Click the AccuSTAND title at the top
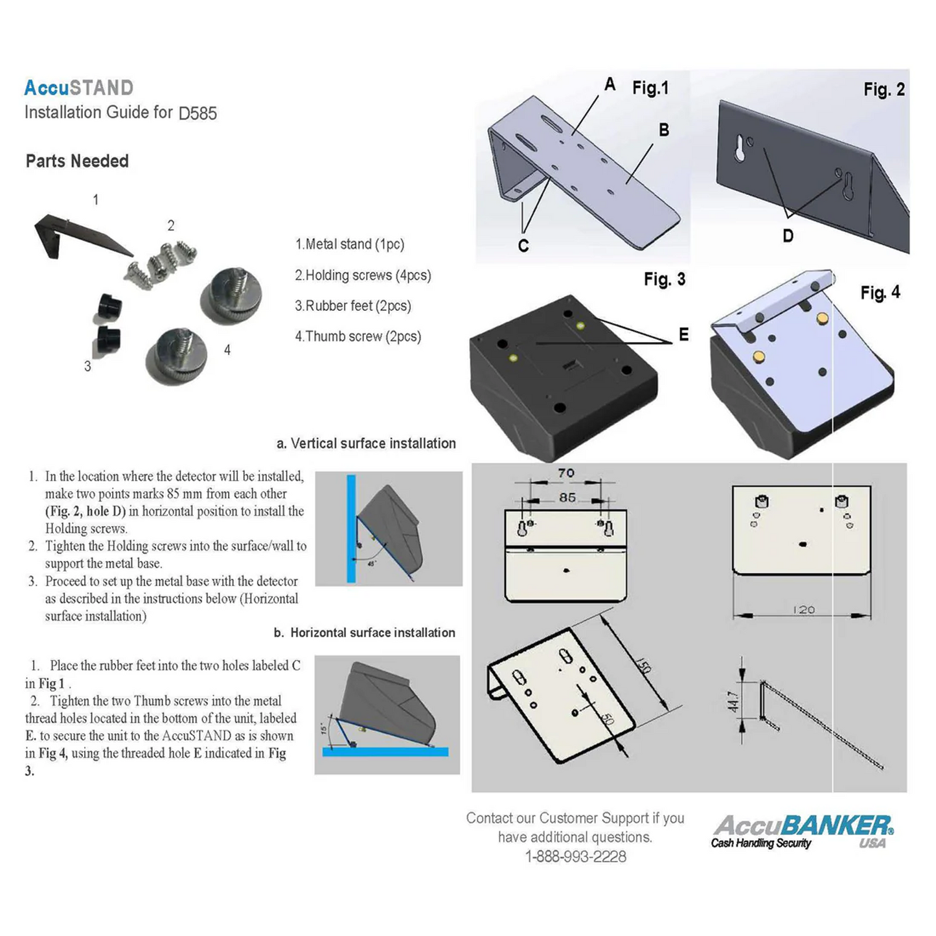(x=79, y=87)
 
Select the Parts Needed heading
(x=77, y=161)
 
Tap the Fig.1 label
(x=650, y=88)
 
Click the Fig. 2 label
(x=884, y=89)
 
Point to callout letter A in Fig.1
(x=610, y=84)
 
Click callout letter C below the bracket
(x=523, y=245)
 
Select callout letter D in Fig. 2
(x=788, y=236)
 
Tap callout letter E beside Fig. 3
(x=683, y=334)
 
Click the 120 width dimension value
(x=803, y=610)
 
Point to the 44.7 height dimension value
(x=733, y=702)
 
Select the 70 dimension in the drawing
(x=566, y=473)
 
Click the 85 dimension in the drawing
(x=567, y=497)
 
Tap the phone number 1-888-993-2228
(x=575, y=856)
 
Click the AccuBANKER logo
(x=803, y=831)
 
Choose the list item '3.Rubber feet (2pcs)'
(x=353, y=306)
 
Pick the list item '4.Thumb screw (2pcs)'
(x=358, y=336)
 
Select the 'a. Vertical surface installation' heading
(x=366, y=444)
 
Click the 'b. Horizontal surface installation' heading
(x=364, y=633)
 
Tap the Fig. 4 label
(x=880, y=293)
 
